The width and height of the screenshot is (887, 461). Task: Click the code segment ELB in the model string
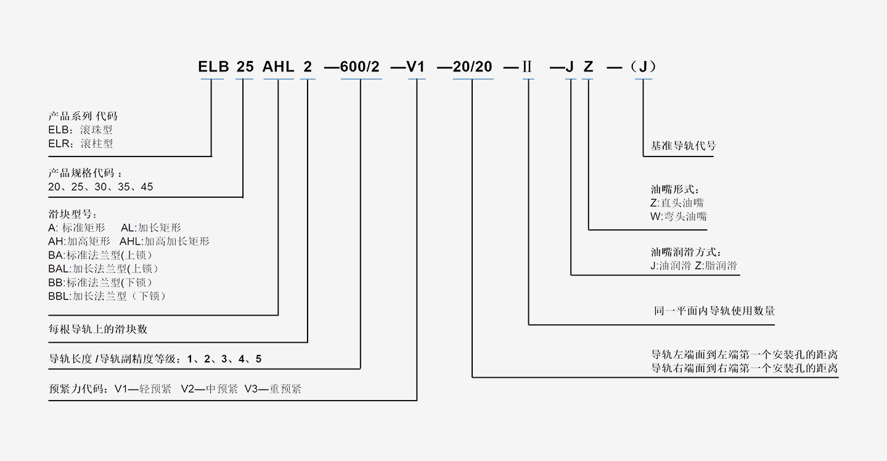click(213, 67)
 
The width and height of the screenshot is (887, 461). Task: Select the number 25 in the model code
click(245, 67)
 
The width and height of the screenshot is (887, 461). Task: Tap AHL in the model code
click(278, 67)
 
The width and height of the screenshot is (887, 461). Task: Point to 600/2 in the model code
click(360, 67)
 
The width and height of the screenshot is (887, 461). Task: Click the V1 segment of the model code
click(416, 67)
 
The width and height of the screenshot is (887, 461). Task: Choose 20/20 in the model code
click(472, 67)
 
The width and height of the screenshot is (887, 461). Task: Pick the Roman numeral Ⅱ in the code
click(527, 67)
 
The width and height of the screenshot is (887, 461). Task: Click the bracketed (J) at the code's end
click(643, 67)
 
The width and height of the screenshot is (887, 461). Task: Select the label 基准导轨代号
click(683, 147)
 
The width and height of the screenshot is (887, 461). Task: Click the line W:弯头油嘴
click(679, 216)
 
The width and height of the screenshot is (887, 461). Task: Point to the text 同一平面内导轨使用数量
click(714, 311)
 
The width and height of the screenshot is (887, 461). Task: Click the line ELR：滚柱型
click(80, 144)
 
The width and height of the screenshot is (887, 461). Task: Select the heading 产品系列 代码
click(83, 116)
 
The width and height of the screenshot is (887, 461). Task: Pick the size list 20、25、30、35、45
click(100, 187)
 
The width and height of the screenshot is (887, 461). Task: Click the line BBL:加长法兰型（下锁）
click(107, 296)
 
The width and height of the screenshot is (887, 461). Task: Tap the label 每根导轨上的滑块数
click(98, 329)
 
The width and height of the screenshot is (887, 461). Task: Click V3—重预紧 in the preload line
click(272, 389)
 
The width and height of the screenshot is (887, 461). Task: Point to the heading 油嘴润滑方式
click(685, 253)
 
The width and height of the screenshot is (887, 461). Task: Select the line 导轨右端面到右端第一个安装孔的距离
click(745, 368)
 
